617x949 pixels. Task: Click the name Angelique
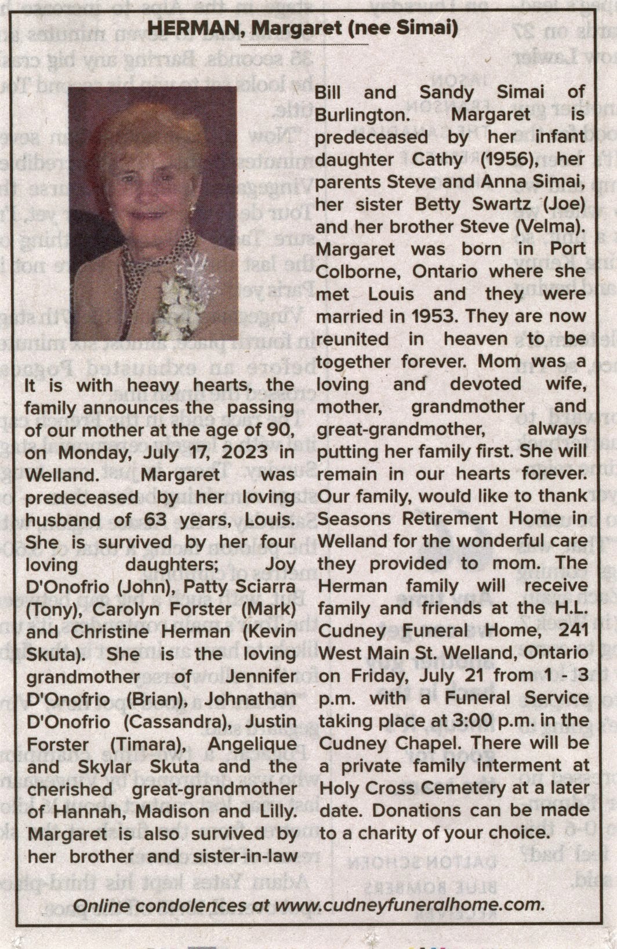pyautogui.click(x=252, y=744)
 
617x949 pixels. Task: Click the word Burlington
pyautogui.click(x=362, y=115)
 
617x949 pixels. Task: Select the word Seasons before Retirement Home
pyautogui.click(x=356, y=519)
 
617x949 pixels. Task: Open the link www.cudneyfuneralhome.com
pyautogui.click(x=408, y=905)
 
